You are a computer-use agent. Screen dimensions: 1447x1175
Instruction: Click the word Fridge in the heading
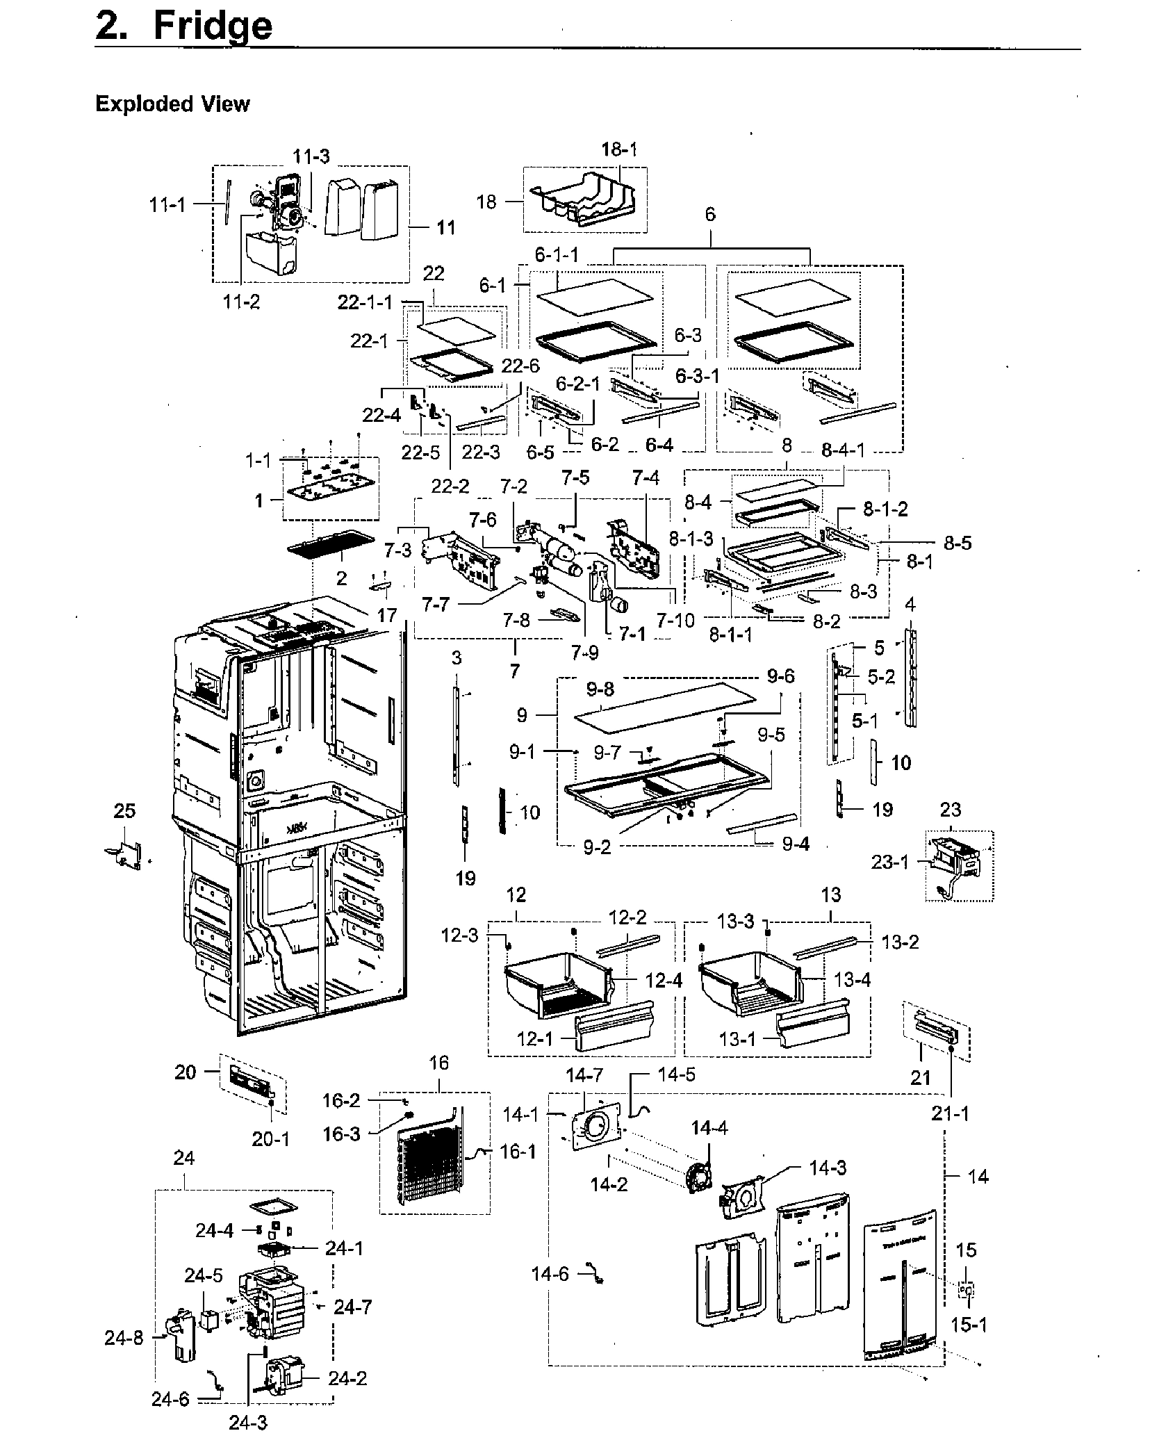tap(212, 26)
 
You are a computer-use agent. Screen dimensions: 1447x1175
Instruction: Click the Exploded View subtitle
tap(172, 104)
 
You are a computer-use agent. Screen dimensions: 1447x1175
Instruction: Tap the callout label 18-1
tap(618, 149)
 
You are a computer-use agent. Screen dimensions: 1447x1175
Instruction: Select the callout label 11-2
tap(241, 302)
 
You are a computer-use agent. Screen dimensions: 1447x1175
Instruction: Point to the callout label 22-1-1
tap(365, 302)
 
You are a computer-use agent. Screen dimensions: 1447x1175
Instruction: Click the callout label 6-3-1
tap(697, 376)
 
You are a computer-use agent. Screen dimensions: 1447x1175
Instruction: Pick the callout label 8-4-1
tap(843, 450)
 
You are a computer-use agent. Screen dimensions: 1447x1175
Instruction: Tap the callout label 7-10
tap(675, 620)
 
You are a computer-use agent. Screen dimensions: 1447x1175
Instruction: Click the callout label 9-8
tap(600, 690)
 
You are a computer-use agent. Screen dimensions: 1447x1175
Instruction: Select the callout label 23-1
tap(890, 863)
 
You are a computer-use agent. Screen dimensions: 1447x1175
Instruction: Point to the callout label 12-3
tap(459, 936)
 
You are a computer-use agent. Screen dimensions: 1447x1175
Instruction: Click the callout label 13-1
tap(737, 1038)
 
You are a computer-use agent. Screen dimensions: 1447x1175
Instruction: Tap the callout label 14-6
tap(550, 1273)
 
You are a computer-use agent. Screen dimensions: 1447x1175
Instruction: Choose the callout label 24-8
tap(124, 1338)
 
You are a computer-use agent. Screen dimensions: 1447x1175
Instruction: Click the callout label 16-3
tap(341, 1134)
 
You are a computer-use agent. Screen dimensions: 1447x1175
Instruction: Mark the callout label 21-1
tap(950, 1114)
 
